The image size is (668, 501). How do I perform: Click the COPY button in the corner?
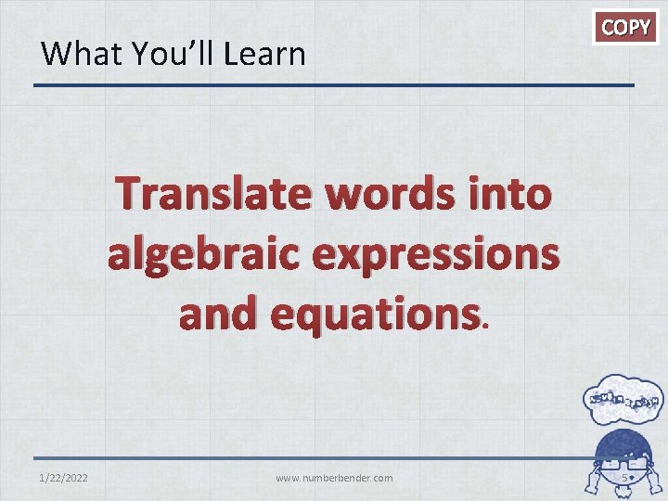626,28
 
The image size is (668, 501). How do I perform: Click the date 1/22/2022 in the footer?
64,478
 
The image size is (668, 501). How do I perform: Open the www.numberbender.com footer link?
334,478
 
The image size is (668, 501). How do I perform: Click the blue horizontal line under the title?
334,86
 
